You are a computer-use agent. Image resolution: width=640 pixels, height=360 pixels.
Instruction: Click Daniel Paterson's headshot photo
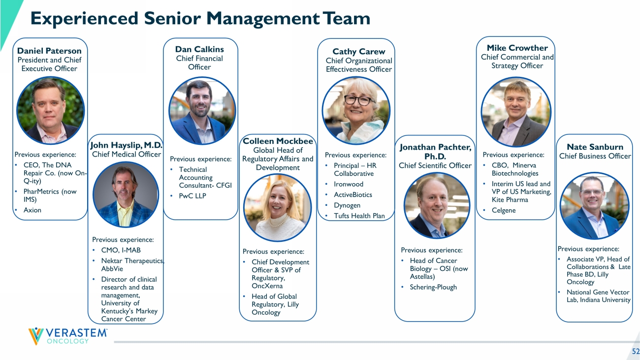[x=50, y=110]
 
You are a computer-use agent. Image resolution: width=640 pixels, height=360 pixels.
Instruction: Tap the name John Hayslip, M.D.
[x=126, y=145]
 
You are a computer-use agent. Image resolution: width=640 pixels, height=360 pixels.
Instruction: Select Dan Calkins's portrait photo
[x=202, y=111]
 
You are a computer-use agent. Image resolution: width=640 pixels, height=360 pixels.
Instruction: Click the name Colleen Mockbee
[x=278, y=141]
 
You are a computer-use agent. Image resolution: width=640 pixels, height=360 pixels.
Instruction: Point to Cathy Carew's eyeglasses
[x=359, y=100]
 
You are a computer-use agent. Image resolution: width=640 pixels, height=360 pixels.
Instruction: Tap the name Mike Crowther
[x=517, y=48]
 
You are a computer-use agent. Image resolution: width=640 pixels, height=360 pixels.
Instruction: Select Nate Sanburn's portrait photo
[x=594, y=206]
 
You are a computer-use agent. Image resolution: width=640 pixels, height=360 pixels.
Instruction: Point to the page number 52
[x=636, y=351]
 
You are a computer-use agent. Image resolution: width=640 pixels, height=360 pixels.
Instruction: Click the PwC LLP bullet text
[x=192, y=196]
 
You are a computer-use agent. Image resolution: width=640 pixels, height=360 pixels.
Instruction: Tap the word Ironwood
[x=349, y=184]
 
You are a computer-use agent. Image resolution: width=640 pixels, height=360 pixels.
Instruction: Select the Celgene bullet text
[x=504, y=210]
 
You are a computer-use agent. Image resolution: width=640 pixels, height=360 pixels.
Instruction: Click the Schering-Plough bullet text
[x=433, y=287]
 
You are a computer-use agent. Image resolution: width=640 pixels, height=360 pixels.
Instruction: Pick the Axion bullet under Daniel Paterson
[x=32, y=210]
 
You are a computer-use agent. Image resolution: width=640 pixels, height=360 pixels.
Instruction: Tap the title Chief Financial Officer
[x=199, y=63]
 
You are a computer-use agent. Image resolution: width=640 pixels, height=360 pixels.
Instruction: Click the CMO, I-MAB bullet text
[x=121, y=250]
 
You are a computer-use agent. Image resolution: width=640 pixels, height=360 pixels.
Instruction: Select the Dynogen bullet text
[x=347, y=205]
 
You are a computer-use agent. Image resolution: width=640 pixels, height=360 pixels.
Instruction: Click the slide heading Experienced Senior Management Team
[x=200, y=18]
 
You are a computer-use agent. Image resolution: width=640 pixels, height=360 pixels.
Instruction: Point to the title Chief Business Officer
[x=595, y=156]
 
